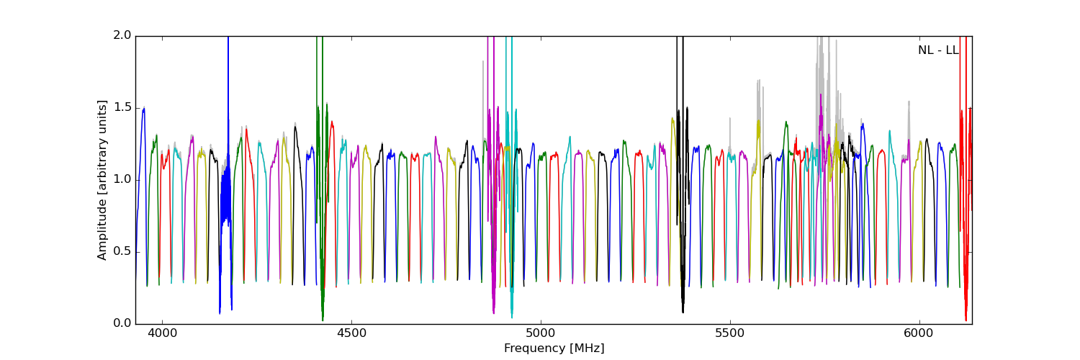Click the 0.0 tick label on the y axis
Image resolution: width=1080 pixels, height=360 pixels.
pyautogui.click(x=124, y=323)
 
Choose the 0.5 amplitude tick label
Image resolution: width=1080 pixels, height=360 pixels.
pyautogui.click(x=124, y=251)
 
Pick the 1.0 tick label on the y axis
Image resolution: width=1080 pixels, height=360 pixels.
pyautogui.click(x=124, y=179)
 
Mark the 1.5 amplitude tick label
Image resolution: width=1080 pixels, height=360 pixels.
pyautogui.click(x=124, y=107)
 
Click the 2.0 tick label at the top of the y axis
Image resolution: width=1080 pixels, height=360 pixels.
pyautogui.click(x=124, y=35)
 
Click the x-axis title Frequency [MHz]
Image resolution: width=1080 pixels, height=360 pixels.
pyautogui.click(x=554, y=348)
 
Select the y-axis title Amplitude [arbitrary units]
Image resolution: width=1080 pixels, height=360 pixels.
pyautogui.click(x=103, y=180)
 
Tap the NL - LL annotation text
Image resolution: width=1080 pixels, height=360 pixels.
pyautogui.click(x=937, y=50)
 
